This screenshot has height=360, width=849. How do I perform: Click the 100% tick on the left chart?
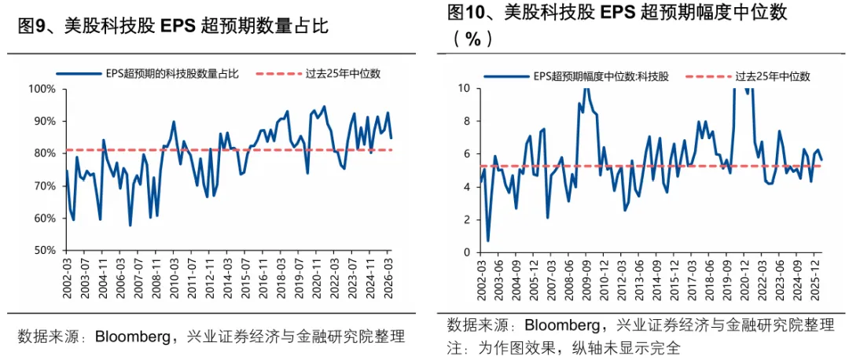point(46,90)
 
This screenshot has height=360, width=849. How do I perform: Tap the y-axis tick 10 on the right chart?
point(466,88)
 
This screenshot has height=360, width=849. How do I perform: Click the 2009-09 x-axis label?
point(586,280)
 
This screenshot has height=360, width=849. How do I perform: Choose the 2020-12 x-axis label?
point(744,280)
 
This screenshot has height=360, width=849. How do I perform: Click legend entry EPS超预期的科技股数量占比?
point(147,74)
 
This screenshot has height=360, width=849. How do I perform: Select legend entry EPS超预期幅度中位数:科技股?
point(577,77)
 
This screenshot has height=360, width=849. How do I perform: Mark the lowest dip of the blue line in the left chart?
point(130,226)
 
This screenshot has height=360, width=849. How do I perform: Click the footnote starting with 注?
point(564,347)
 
